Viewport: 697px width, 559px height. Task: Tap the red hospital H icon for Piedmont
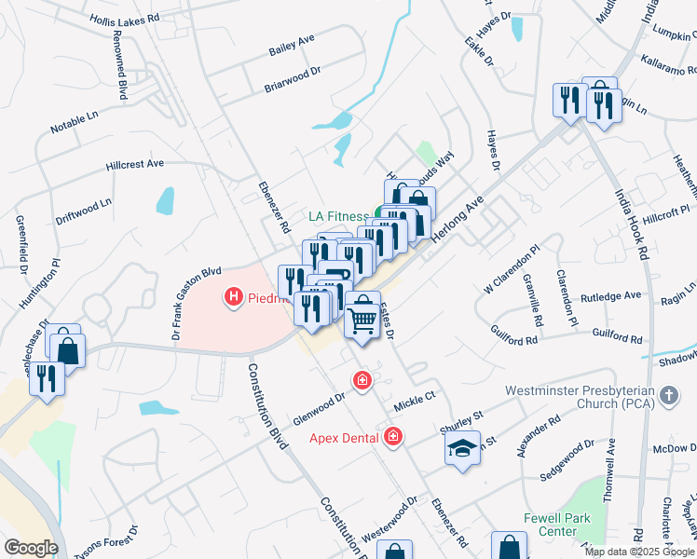[233, 297]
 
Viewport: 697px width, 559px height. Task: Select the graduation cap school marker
[462, 448]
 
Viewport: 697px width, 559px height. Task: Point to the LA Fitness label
[340, 215]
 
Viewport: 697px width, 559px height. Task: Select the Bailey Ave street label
[292, 43]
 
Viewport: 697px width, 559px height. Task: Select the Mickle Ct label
[415, 396]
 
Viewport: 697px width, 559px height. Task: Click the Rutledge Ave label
[611, 296]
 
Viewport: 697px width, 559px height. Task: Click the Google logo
[30, 547]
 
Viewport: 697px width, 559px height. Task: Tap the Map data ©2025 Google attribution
[639, 552]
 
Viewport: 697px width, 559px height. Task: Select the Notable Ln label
[74, 119]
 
